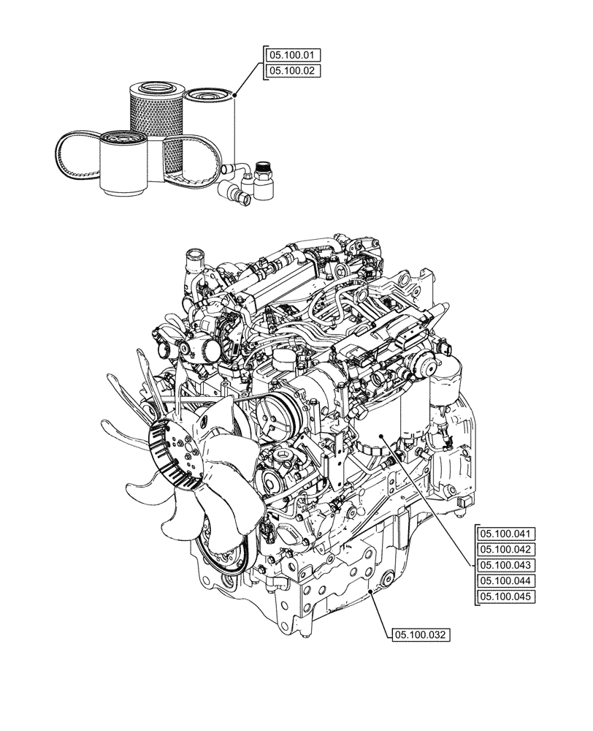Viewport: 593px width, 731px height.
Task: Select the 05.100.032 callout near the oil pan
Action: click(x=421, y=635)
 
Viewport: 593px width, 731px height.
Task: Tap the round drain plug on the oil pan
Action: click(x=375, y=589)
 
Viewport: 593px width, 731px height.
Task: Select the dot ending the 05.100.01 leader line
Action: click(x=238, y=93)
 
